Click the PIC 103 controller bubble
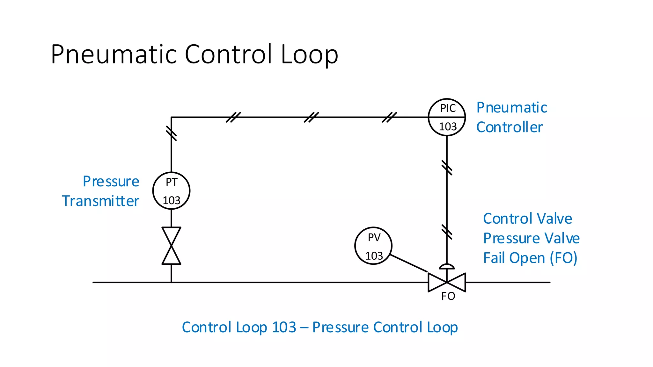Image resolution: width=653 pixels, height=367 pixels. coord(447,117)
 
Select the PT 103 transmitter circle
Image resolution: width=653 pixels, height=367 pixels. coord(171,191)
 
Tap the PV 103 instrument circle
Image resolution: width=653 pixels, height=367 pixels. coord(373,246)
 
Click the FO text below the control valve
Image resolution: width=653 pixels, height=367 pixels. coord(448,296)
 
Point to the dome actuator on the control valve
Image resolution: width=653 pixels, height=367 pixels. coord(447,266)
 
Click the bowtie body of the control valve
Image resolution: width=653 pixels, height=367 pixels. coord(447,282)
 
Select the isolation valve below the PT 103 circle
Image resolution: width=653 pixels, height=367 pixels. coord(171,246)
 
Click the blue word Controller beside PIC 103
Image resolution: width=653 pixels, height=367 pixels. coord(510,127)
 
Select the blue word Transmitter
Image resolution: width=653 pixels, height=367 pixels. coord(100,201)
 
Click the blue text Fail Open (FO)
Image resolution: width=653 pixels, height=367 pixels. coord(530,258)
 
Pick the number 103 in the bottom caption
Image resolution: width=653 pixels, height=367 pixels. coord(284,327)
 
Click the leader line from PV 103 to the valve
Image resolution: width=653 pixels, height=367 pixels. coord(409,263)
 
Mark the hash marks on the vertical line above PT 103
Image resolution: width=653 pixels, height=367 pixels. coord(171,133)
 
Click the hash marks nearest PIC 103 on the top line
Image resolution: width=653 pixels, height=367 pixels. coord(389,117)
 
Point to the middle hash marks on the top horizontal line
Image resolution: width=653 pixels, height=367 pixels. coord(311,117)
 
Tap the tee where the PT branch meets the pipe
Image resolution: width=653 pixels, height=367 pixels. coord(171,282)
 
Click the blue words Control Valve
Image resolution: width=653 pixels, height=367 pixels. coord(527,219)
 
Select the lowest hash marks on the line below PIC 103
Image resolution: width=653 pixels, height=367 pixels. coord(447,232)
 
